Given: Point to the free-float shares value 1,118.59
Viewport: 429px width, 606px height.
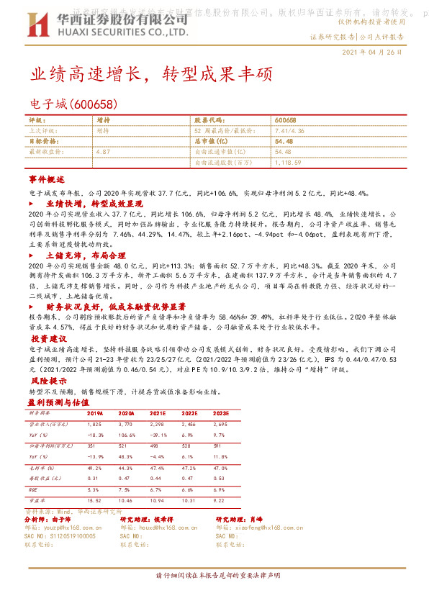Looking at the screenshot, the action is pos(289,163).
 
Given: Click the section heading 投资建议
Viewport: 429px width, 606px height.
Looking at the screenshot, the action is pos(48,338).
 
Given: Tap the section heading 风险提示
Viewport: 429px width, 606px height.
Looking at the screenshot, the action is pos(47,380).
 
